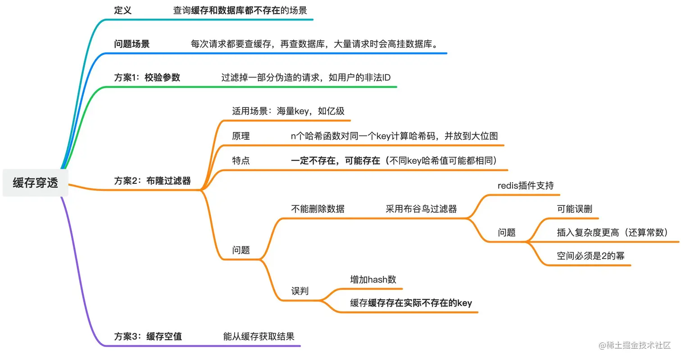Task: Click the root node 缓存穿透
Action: click(x=36, y=183)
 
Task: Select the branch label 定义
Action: click(x=123, y=10)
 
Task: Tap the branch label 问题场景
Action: click(x=132, y=44)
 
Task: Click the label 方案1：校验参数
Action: click(x=147, y=77)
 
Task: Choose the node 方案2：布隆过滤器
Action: click(x=152, y=181)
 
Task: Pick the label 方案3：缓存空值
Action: click(x=148, y=336)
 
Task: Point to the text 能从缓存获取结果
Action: click(x=259, y=336)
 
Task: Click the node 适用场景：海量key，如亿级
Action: click(x=288, y=111)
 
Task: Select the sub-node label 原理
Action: click(x=241, y=136)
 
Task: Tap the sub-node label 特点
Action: click(x=241, y=160)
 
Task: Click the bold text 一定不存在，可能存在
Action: click(x=336, y=160)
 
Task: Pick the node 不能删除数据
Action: click(x=318, y=209)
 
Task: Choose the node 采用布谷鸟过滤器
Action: click(x=421, y=209)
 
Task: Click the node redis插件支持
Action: click(x=526, y=185)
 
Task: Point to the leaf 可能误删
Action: click(x=575, y=209)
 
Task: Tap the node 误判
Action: click(x=300, y=291)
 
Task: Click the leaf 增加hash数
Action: click(x=373, y=279)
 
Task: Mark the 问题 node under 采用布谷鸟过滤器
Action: click(x=507, y=232)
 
